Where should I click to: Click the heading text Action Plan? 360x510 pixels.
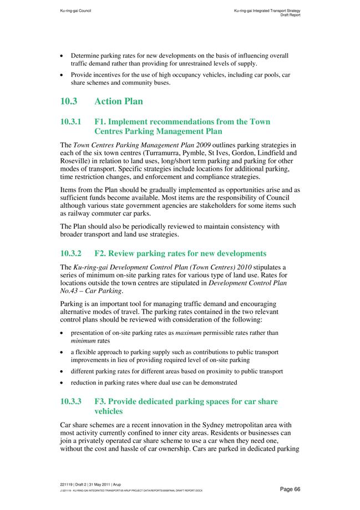coord(119,101)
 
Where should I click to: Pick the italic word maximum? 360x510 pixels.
coord(190,333)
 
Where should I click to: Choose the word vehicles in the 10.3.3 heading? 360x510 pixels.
coord(111,412)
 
